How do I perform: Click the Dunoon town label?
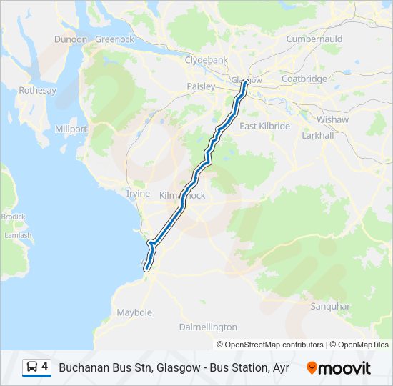coord(71,39)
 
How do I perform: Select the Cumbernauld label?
coord(314,39)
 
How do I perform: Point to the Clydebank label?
coord(206,61)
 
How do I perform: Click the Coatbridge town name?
coord(304,79)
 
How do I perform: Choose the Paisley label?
coord(201,86)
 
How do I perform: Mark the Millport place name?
coord(71,129)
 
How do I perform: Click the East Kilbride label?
coord(264,126)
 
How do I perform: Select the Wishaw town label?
coord(332,119)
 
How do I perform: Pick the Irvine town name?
coord(138,194)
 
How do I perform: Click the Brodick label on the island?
coord(13,217)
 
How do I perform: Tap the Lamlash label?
coord(18,235)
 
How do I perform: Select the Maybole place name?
coord(134,312)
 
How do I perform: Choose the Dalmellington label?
coord(207,327)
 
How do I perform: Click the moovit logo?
coord(339,368)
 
